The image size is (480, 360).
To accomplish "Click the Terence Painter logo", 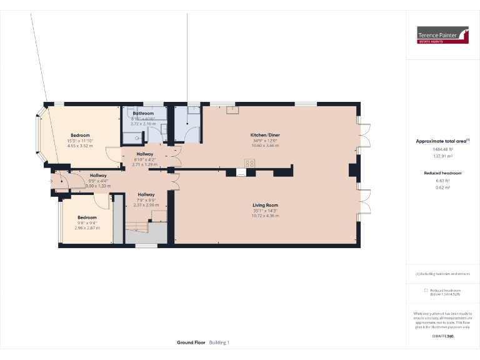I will click(442, 35).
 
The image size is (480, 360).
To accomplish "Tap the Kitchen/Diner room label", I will click(264, 135).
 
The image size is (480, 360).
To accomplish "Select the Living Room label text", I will click(265, 205).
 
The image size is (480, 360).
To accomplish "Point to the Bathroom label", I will click(142, 113).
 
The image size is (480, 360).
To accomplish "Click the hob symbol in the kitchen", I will click(249, 164).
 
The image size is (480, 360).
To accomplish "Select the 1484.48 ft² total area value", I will click(442, 149).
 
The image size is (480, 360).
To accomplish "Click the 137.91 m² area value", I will click(442, 156).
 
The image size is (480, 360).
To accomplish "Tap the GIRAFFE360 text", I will click(442, 336).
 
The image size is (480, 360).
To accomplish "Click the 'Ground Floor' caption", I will click(191, 342).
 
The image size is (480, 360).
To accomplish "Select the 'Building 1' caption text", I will click(219, 342).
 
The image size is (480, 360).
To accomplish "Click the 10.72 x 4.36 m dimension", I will click(265, 216).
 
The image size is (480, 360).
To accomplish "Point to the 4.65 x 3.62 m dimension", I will click(80, 146).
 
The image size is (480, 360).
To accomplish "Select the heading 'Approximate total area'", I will click(441, 141).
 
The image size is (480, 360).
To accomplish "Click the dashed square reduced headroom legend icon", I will click(426, 290).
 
